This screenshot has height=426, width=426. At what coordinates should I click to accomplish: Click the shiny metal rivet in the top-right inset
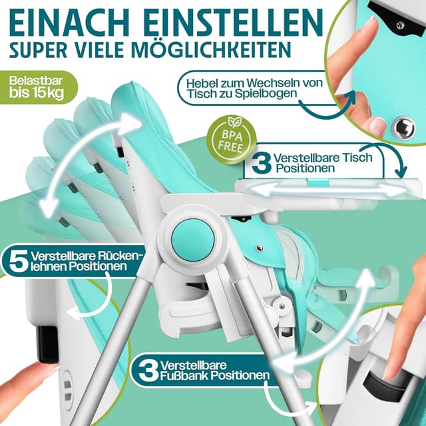(x=401, y=127)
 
